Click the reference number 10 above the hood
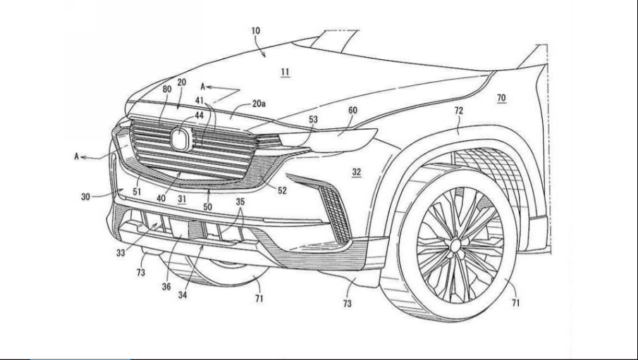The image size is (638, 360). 255,30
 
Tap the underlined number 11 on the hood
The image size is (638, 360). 286,72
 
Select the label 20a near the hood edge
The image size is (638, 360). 259,104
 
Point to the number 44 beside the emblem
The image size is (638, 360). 199,116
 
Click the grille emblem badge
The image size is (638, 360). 180,138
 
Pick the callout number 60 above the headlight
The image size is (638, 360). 352,110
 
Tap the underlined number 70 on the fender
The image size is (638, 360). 501,98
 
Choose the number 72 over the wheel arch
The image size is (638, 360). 458,110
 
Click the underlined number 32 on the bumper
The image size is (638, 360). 357,172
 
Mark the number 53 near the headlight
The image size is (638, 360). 313,120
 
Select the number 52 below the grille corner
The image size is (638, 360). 282,190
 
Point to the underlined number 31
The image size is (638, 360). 181,199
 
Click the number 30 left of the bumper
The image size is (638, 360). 85,197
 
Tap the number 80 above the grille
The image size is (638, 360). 167,89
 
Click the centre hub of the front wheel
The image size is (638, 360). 455,245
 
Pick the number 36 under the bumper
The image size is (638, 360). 166,286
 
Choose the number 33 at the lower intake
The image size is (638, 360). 121,253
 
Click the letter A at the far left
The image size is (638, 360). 76,156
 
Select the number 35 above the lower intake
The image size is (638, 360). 240,201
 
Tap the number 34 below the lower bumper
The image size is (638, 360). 183,295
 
